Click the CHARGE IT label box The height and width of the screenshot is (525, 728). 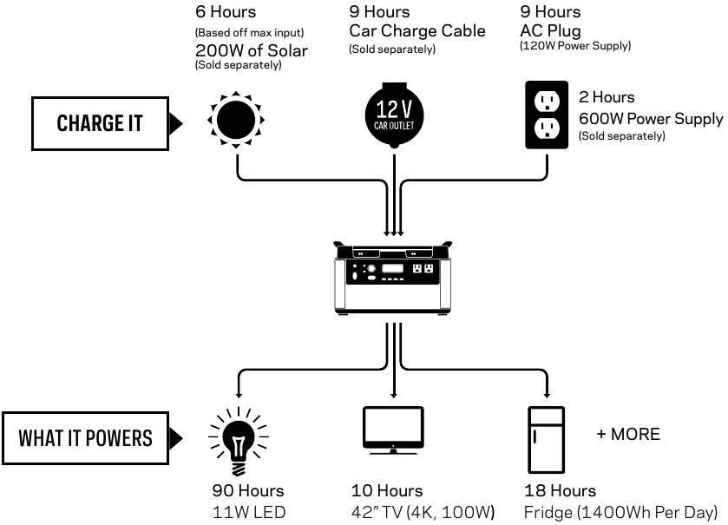pyautogui.click(x=99, y=123)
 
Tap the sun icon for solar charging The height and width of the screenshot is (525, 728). pyautogui.click(x=236, y=119)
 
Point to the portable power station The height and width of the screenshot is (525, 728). pyautogui.click(x=395, y=276)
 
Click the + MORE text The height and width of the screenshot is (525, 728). pyautogui.click(x=628, y=434)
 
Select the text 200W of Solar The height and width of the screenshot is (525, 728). pyautogui.click(x=252, y=50)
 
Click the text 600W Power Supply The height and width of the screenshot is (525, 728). pyautogui.click(x=650, y=119)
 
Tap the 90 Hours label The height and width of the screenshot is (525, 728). pyautogui.click(x=248, y=491)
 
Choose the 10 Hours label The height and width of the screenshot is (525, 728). pyautogui.click(x=387, y=491)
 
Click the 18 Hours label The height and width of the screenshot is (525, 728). pyautogui.click(x=560, y=491)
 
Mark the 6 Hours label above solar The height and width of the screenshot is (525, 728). pyautogui.click(x=226, y=12)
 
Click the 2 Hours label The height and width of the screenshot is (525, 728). pyautogui.click(x=607, y=97)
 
